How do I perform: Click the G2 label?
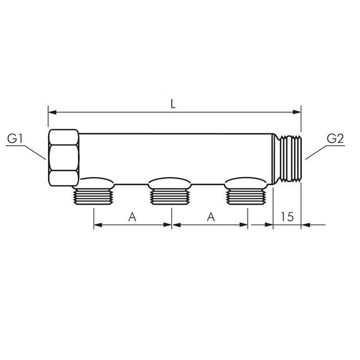pos(336,138)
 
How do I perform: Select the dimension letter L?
pos(173,104)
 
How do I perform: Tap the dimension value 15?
pos(287,217)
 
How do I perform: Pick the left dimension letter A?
pos(132,217)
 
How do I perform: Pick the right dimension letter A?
pos(210,217)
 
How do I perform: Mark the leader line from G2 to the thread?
pos(316,151)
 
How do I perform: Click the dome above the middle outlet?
pos(171,181)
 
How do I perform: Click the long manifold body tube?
pos(177,155)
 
